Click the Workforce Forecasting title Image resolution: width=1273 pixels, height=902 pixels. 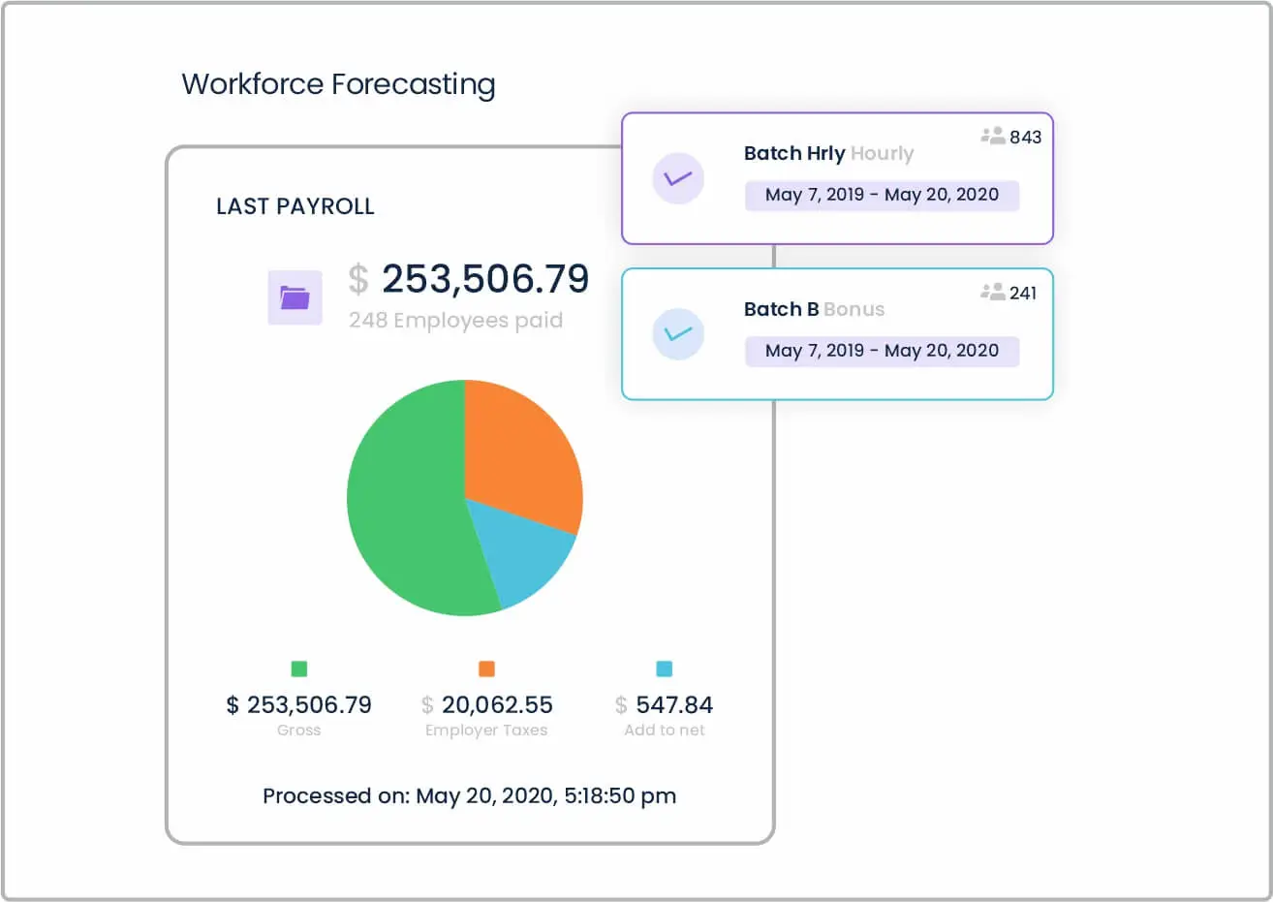(338, 84)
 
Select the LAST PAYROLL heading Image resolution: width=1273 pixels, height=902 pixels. (295, 206)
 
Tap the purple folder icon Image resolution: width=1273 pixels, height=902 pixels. (295, 297)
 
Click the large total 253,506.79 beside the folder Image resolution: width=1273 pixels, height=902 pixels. (484, 279)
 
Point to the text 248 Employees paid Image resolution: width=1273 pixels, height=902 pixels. (455, 321)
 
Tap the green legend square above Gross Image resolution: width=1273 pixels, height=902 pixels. (299, 669)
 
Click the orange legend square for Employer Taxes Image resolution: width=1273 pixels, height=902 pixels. (486, 669)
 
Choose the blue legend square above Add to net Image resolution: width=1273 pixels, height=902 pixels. (664, 669)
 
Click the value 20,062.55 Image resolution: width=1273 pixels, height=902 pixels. (497, 704)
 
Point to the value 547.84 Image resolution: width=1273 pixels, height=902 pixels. (674, 704)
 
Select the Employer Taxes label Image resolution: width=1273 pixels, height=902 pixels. (486, 731)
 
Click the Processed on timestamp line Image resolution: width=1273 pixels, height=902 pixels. (469, 795)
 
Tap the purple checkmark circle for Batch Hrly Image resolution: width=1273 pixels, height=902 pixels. (678, 178)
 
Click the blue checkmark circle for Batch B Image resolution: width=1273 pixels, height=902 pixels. (678, 334)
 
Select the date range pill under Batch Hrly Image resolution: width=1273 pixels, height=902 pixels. (882, 195)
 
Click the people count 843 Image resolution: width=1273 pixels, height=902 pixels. (1024, 137)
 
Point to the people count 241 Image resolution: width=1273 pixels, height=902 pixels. (1022, 293)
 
